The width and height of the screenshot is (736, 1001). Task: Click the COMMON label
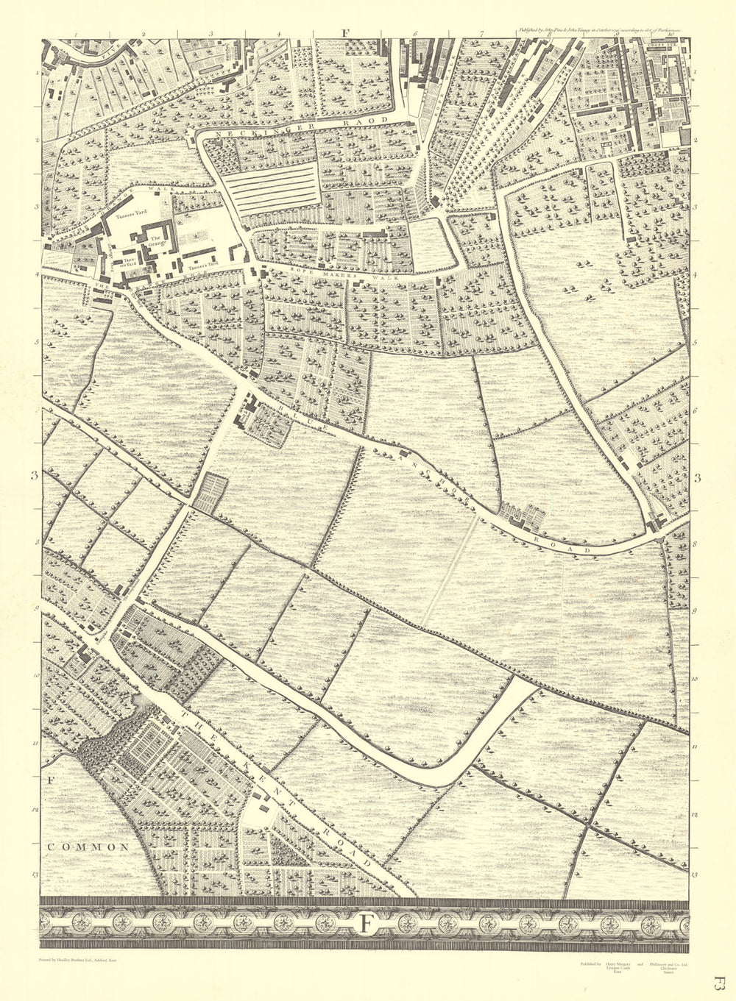[88, 847]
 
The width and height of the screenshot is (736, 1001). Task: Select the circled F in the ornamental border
[366, 924]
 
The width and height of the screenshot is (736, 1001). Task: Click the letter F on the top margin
[344, 32]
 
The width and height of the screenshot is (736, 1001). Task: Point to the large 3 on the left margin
[34, 477]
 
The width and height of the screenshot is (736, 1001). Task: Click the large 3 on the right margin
[698, 480]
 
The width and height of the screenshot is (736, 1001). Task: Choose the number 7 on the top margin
[482, 33]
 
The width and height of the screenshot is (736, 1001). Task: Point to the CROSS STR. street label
[662, 45]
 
